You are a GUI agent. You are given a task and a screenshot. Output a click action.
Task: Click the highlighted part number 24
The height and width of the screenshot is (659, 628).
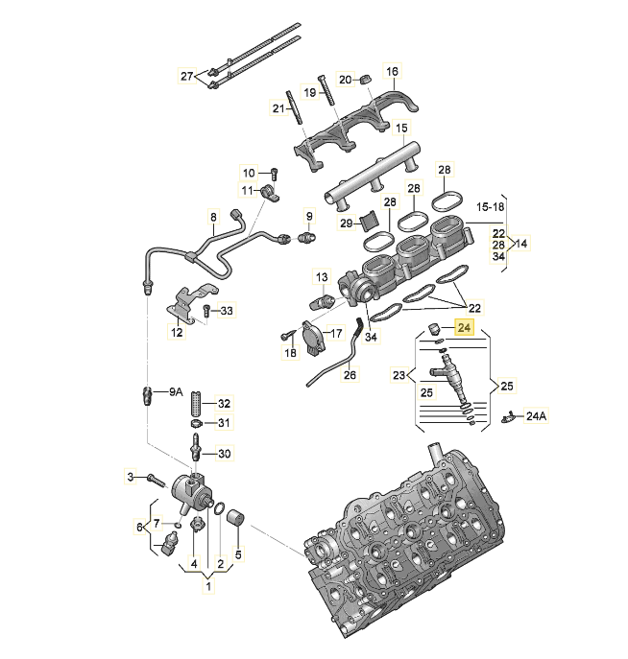(x=466, y=328)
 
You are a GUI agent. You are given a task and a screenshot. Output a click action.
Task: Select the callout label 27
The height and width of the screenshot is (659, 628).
(x=187, y=76)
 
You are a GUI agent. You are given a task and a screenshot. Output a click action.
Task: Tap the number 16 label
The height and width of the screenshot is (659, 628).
(x=392, y=72)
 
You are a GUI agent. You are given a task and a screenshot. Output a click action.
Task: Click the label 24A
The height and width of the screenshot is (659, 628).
(x=536, y=416)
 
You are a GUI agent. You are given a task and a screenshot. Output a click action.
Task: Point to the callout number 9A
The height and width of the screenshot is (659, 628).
(x=175, y=391)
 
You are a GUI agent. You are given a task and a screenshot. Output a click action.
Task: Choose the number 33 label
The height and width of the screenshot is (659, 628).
(x=226, y=311)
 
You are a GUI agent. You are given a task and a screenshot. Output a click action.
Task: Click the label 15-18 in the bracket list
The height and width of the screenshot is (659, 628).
(x=491, y=206)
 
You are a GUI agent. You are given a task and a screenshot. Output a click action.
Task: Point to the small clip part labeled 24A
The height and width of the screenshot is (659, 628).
(x=510, y=416)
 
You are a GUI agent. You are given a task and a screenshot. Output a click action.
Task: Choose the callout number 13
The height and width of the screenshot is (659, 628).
(x=322, y=276)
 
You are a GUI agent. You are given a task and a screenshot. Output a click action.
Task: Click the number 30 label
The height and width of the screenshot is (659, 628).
(x=225, y=454)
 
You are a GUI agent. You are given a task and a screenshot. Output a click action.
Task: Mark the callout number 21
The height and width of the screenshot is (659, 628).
(x=278, y=109)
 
